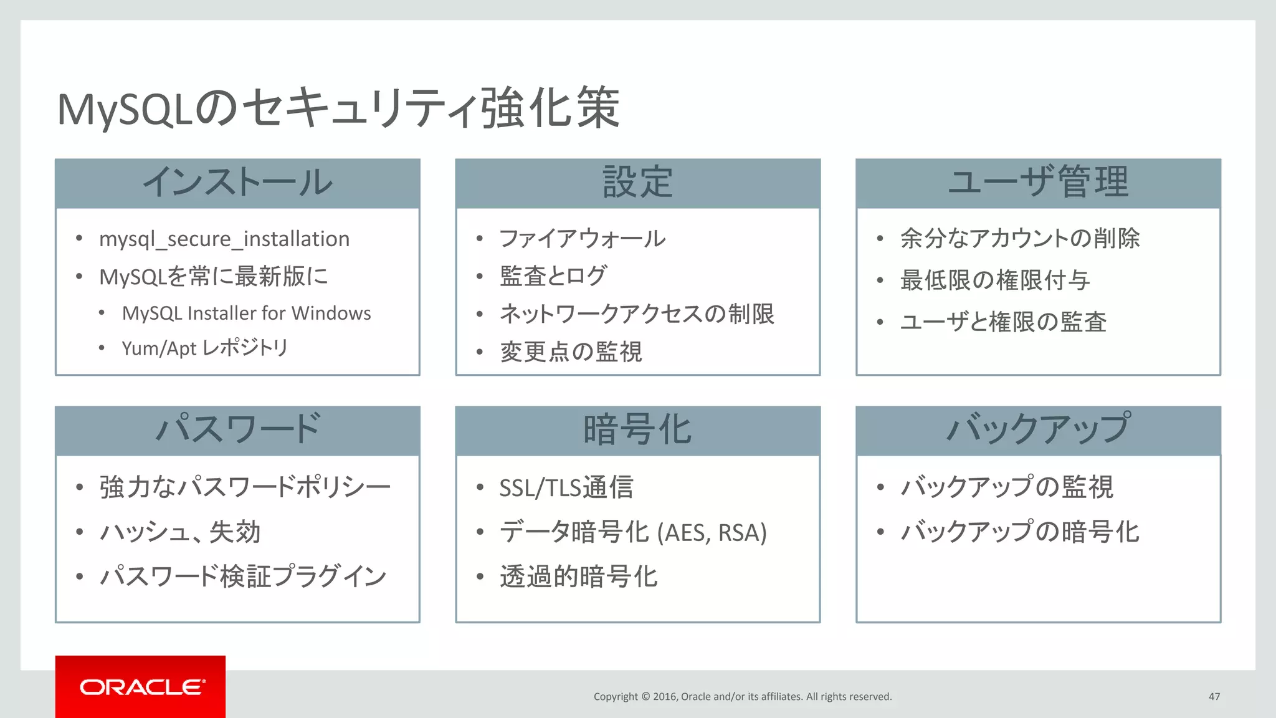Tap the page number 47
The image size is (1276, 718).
coord(1214,697)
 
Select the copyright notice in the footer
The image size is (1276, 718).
coord(743,697)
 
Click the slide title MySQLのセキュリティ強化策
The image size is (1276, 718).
coord(338,108)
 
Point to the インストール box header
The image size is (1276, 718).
coord(237,183)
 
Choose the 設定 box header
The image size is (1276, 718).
coord(637,183)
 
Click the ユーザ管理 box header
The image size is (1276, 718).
coord(1038,183)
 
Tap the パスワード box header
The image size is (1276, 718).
coord(237,429)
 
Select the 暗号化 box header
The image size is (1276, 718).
coord(637,429)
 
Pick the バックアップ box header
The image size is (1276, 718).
coord(1038,429)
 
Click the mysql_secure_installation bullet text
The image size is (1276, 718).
coord(224,239)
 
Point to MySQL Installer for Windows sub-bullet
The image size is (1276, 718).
coord(246,313)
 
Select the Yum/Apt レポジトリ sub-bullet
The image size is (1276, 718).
coord(205,348)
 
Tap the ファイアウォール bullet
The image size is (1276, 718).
coord(583,239)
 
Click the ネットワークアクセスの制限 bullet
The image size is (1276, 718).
coord(637,314)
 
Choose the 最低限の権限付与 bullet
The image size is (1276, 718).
coord(995,280)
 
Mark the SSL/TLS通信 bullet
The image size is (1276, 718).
coord(566,487)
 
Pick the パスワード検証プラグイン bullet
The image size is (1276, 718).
coord(243,577)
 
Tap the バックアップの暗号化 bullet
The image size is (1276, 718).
coord(1020,532)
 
